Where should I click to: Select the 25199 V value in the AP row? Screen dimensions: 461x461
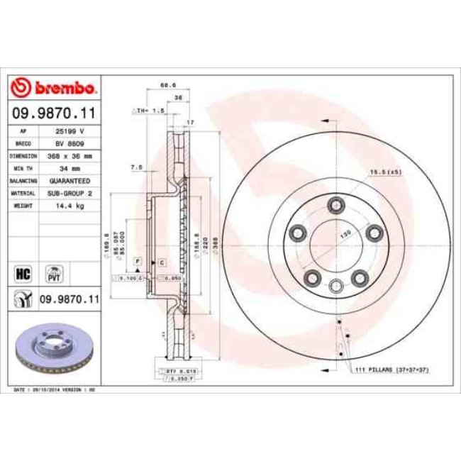70,132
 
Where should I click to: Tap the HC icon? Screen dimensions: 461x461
22,272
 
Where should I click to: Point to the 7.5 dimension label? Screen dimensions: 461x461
137,167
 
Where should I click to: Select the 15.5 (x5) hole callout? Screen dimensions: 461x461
385,172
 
